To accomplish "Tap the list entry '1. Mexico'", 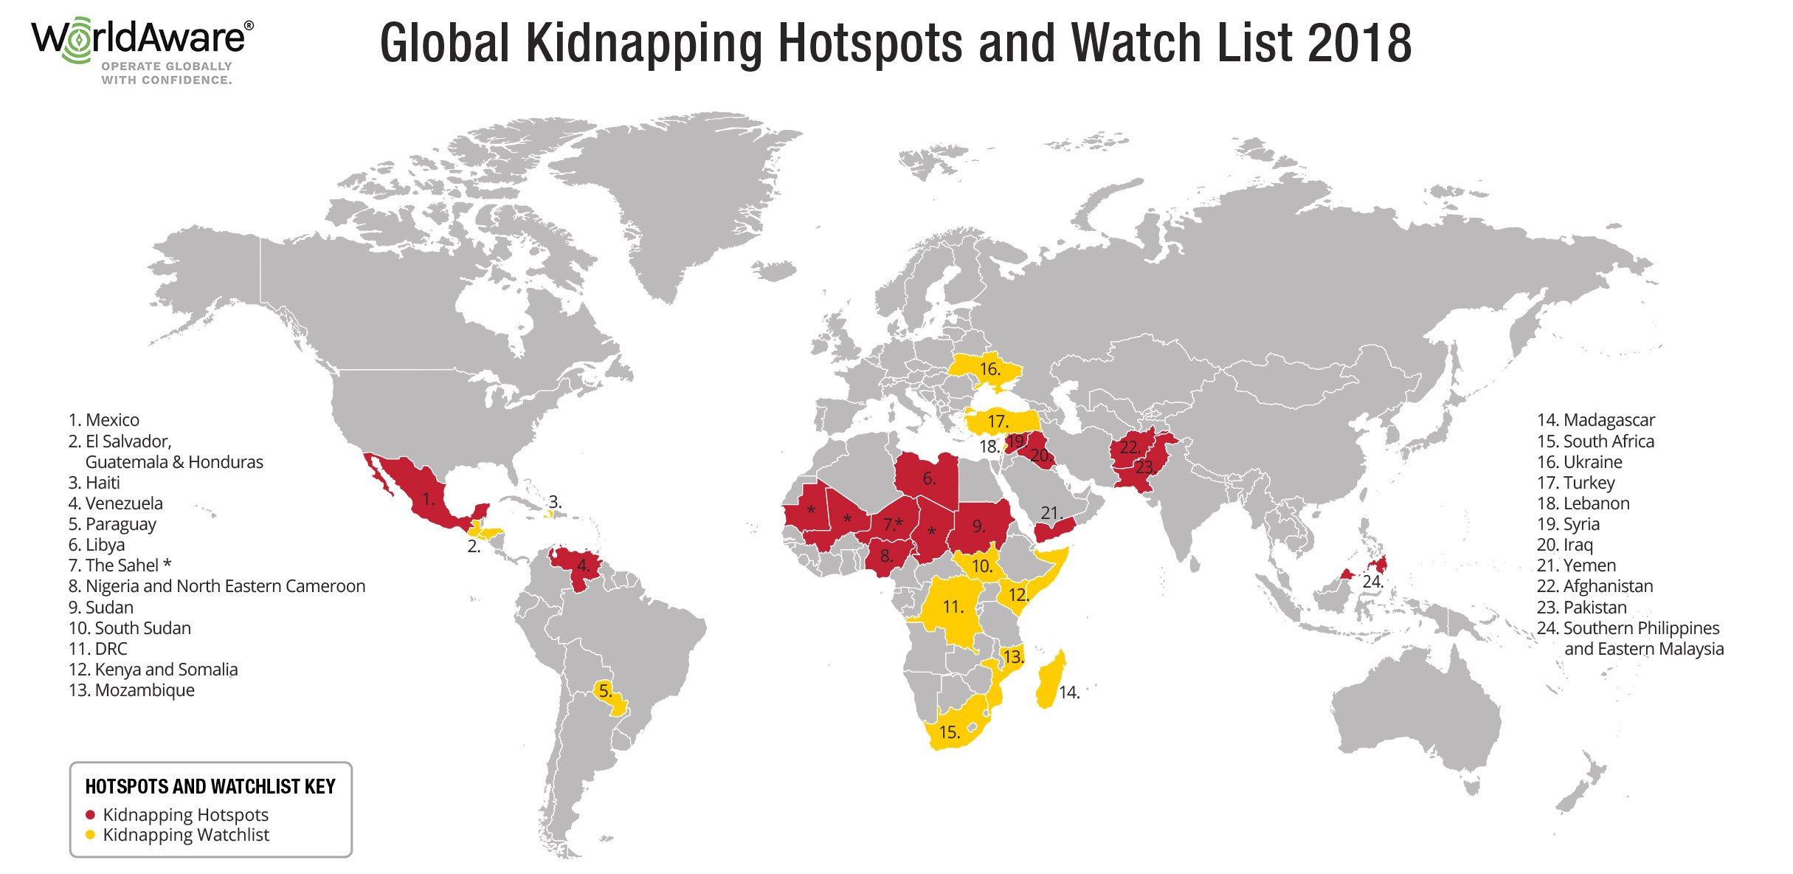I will click(x=104, y=420).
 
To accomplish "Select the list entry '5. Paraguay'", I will click(x=112, y=524).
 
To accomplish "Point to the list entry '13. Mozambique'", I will click(x=131, y=690).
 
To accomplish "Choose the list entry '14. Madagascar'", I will click(x=1595, y=420).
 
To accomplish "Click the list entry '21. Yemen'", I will click(x=1576, y=565).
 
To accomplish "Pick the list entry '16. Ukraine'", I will click(x=1579, y=462).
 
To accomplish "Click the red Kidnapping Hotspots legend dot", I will click(x=91, y=815).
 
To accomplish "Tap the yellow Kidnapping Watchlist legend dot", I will click(x=91, y=835).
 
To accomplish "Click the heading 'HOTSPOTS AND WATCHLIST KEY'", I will click(x=210, y=787).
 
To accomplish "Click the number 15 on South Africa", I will click(x=949, y=732).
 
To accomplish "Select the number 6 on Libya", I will click(x=929, y=478).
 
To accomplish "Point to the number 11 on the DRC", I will click(x=953, y=607).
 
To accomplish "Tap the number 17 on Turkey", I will click(x=998, y=421).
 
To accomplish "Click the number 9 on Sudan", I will click(x=978, y=526).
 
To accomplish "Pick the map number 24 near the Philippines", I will click(x=1372, y=582).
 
